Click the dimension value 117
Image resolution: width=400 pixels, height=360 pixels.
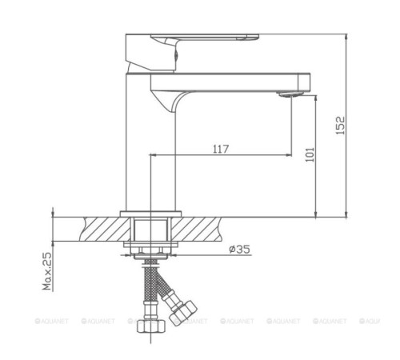(x=222, y=148)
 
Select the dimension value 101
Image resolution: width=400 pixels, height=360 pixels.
(x=311, y=153)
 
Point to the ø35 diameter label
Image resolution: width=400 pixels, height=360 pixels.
(x=240, y=250)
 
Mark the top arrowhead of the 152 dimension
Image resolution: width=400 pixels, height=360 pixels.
(x=346, y=37)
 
